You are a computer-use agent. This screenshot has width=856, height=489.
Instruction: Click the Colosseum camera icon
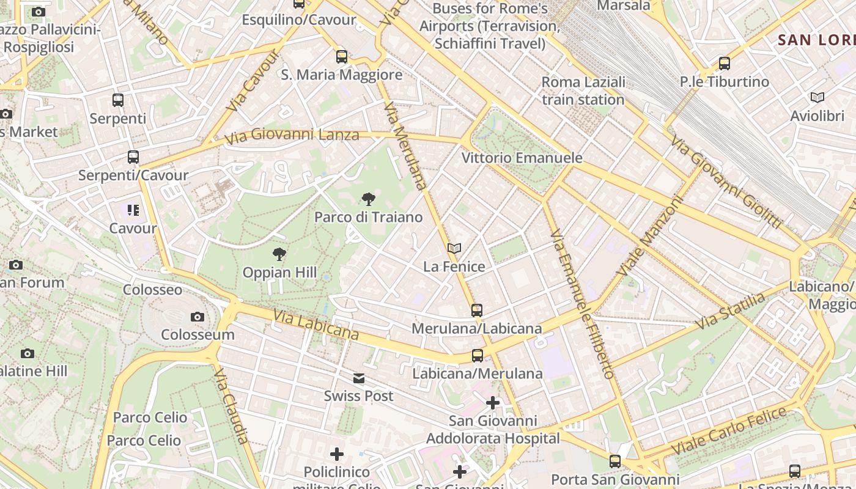click(x=197, y=317)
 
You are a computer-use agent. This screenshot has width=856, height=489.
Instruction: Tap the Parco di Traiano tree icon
click(x=368, y=199)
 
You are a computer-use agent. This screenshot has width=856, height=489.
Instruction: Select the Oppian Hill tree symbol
click(x=279, y=254)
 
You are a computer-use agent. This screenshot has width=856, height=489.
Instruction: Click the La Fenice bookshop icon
click(x=454, y=248)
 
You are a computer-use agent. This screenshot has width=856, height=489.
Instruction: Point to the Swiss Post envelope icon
click(x=359, y=378)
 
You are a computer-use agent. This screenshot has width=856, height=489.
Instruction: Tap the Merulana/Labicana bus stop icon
click(x=477, y=311)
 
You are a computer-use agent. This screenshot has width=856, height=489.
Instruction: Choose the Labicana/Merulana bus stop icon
click(x=478, y=356)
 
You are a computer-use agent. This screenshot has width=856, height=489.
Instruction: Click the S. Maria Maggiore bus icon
click(x=342, y=57)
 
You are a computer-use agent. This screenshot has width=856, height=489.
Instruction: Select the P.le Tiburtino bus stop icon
click(x=725, y=63)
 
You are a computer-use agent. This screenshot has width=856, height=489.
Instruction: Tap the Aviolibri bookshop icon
click(x=817, y=98)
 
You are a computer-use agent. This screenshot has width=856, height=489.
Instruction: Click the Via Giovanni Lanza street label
click(x=292, y=135)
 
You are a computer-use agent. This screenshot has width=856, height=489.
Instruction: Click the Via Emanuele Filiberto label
click(x=581, y=304)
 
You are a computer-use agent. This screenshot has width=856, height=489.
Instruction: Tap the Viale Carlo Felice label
click(x=729, y=430)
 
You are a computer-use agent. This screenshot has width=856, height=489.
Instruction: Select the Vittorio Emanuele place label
click(x=522, y=158)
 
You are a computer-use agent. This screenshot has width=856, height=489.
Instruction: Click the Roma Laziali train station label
click(x=583, y=90)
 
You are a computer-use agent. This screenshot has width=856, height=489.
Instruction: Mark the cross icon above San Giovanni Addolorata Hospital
click(x=493, y=403)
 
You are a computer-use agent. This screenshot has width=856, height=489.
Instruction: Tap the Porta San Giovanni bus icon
click(x=615, y=461)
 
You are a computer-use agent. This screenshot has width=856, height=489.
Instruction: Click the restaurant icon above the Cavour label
click(x=133, y=210)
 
